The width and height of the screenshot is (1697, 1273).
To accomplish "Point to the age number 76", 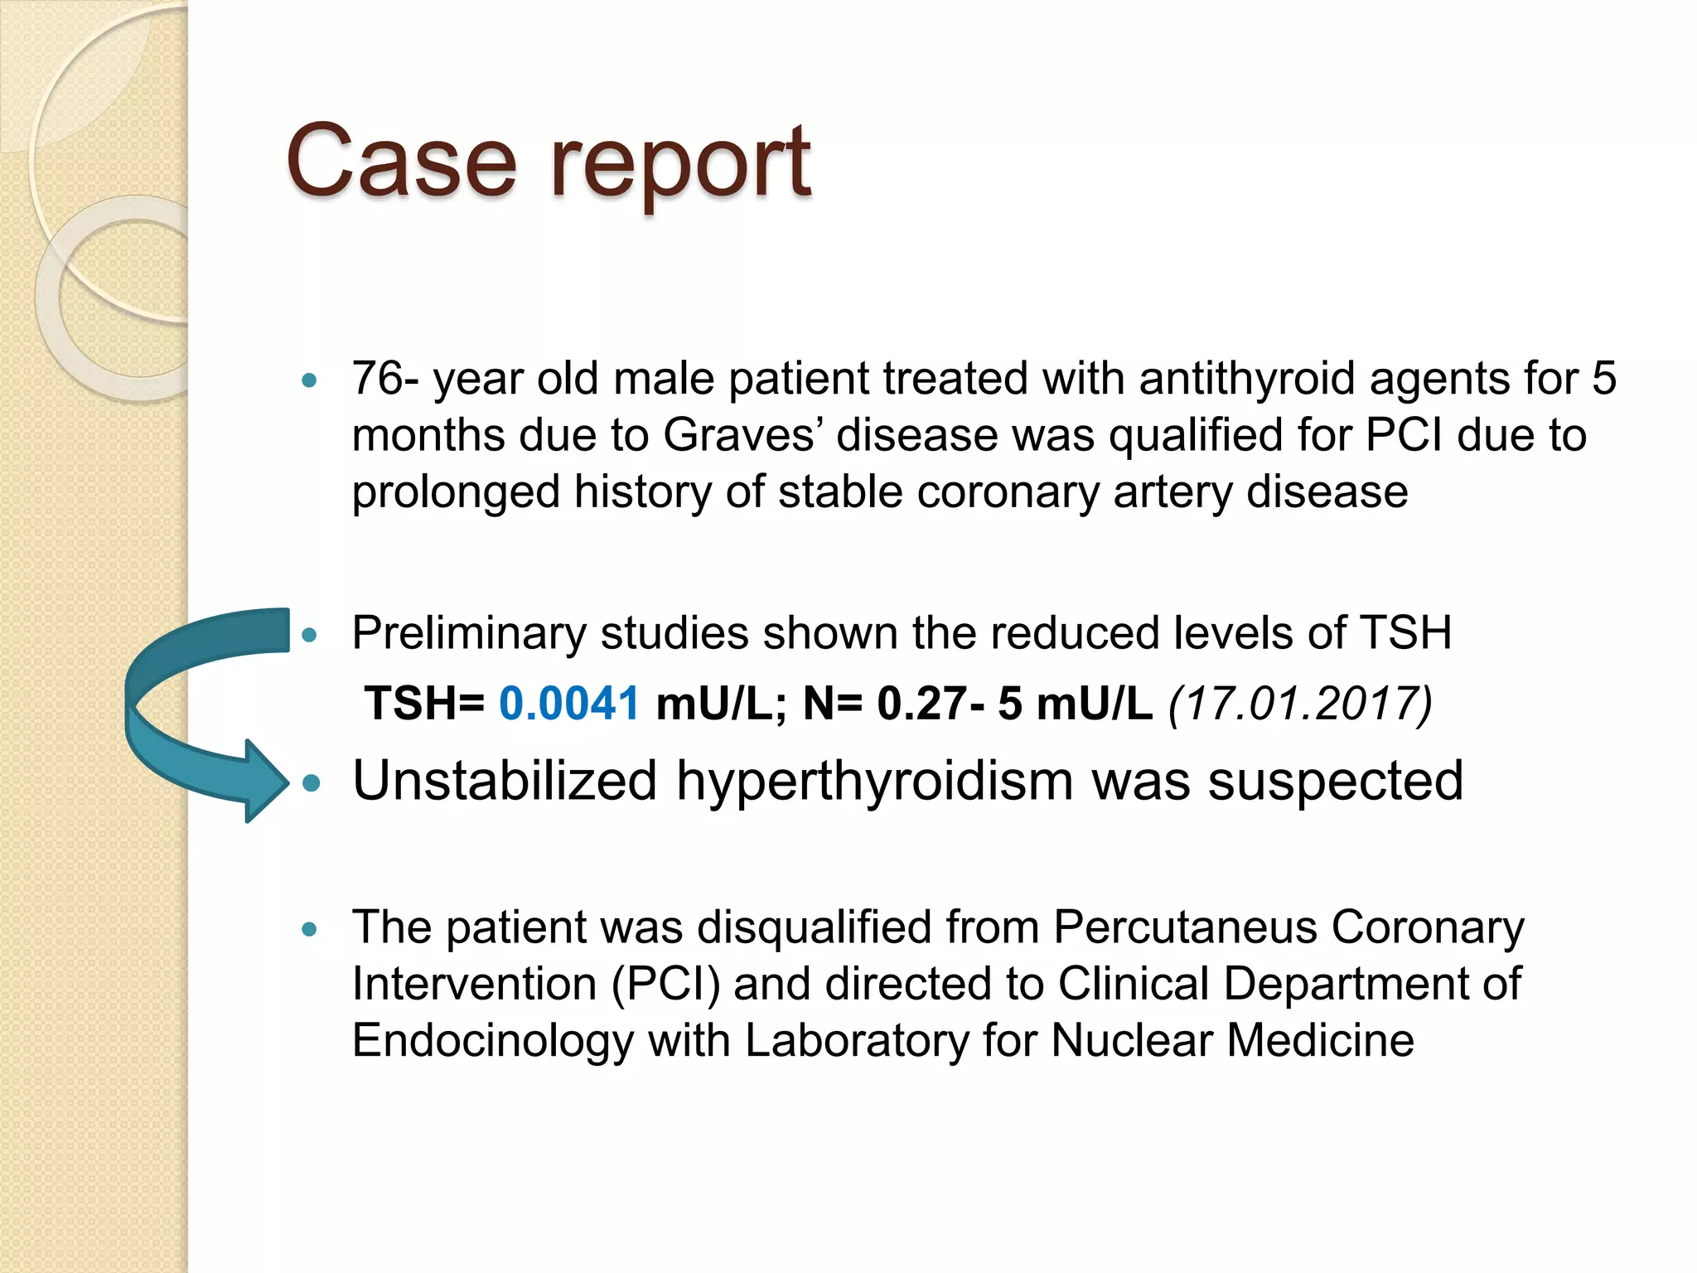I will coord(378,379).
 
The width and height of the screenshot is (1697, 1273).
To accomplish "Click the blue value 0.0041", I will coord(569,704).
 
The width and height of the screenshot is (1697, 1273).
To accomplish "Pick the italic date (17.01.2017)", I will coord(1300,704).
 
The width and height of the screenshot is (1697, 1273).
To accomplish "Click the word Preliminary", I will coord(469,634).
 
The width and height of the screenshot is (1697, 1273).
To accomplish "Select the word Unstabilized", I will coord(505,781).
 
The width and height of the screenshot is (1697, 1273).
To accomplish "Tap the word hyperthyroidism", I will coord(875,782).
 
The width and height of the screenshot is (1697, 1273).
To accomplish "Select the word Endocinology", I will coord(493,1041).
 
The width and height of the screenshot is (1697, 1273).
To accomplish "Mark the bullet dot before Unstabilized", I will coord(311,783).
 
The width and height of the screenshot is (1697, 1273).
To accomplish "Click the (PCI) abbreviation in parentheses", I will coord(665,984).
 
